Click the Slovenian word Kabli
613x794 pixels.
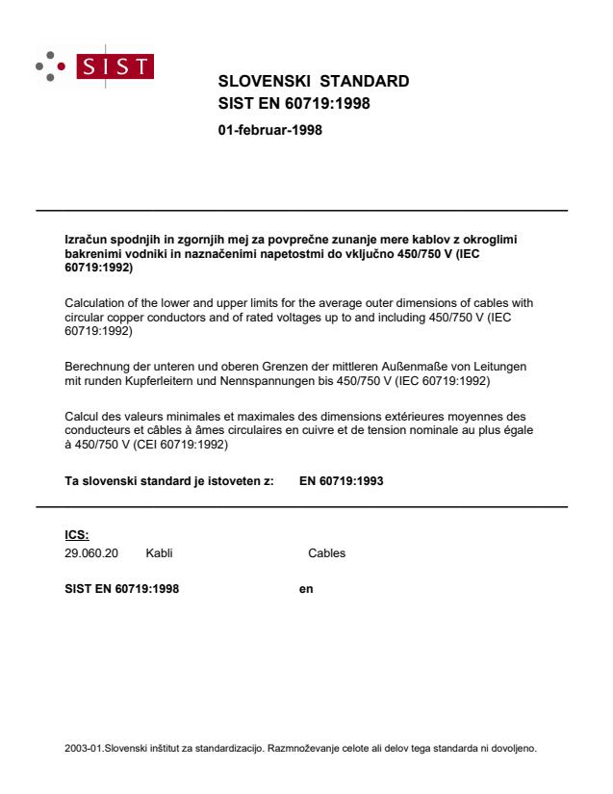pyautogui.click(x=159, y=554)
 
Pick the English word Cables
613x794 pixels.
pyautogui.click(x=326, y=554)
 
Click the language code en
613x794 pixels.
pyautogui.click(x=307, y=588)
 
